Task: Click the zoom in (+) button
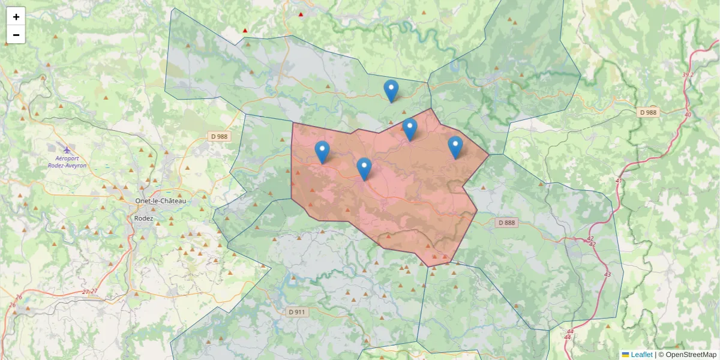pyautogui.click(x=16, y=17)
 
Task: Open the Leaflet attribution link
pyautogui.click(x=641, y=355)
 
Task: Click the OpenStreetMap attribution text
pyautogui.click(x=691, y=355)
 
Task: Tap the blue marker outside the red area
pyautogui.click(x=391, y=91)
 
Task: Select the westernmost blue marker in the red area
pyautogui.click(x=322, y=152)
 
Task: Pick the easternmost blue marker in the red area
pyautogui.click(x=455, y=148)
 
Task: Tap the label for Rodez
pyautogui.click(x=143, y=218)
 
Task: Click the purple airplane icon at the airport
pyautogui.click(x=67, y=148)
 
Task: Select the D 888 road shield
pyautogui.click(x=506, y=223)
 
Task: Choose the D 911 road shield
pyautogui.click(x=296, y=312)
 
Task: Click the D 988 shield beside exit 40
pyautogui.click(x=648, y=112)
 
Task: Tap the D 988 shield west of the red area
pyautogui.click(x=220, y=136)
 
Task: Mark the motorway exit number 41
pyautogui.click(x=619, y=181)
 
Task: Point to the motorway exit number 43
pyautogui.click(x=607, y=274)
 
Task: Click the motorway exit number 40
pyautogui.click(x=688, y=115)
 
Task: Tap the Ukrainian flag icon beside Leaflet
pyautogui.click(x=625, y=355)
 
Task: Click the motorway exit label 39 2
pyautogui.click(x=688, y=74)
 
